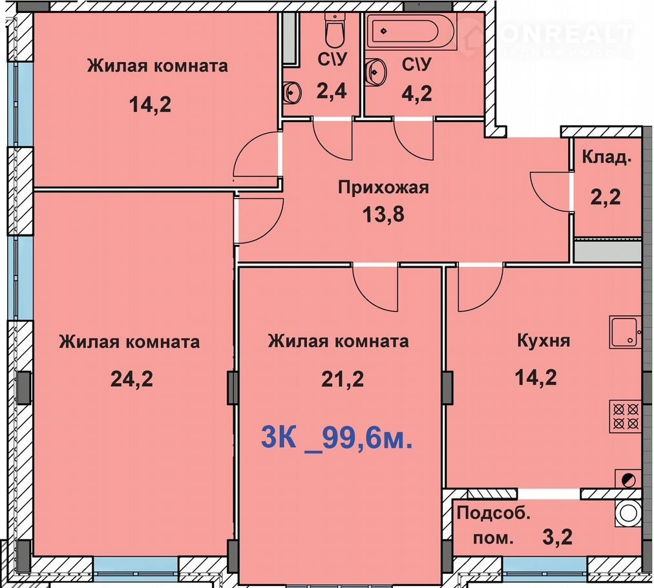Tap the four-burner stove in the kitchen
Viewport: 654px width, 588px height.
[x=626, y=415]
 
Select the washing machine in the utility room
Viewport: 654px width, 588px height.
[x=628, y=513]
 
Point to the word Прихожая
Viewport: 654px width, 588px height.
[x=383, y=188]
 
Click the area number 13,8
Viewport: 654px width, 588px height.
[x=383, y=215]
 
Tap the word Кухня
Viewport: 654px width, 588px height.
[x=543, y=341]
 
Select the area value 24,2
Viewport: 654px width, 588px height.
[x=132, y=379]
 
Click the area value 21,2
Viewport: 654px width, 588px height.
[x=343, y=379]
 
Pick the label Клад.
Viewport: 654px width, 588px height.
[x=606, y=157]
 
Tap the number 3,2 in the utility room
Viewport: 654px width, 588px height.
[x=557, y=537]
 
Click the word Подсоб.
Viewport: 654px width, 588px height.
[x=494, y=513]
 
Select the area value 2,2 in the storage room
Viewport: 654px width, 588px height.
[x=605, y=197]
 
